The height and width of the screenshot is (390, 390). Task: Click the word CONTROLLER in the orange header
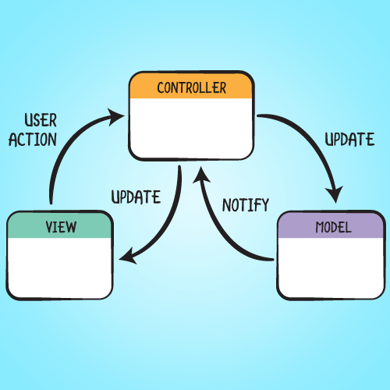(x=192, y=87)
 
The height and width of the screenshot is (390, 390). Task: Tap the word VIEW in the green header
(x=61, y=227)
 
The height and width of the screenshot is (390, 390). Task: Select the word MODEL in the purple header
(x=333, y=227)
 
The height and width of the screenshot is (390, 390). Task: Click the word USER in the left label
(x=41, y=120)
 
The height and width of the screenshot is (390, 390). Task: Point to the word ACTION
(x=33, y=140)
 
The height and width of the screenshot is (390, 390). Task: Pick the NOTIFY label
(x=246, y=205)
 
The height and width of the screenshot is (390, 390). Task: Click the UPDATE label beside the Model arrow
(x=349, y=139)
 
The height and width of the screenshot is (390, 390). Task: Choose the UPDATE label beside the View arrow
(x=136, y=197)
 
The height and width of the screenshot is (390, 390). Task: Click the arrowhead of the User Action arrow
(x=115, y=117)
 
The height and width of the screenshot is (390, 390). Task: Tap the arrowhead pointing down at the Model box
(x=335, y=193)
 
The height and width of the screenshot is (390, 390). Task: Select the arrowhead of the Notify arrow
(x=201, y=175)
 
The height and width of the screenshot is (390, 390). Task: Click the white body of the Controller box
(x=191, y=128)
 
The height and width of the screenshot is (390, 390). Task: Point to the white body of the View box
(x=60, y=268)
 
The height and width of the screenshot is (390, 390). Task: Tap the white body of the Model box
(x=331, y=268)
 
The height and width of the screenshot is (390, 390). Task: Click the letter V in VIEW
(x=49, y=227)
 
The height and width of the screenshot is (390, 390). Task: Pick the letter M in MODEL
(x=320, y=227)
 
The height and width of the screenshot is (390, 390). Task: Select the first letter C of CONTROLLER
(x=161, y=87)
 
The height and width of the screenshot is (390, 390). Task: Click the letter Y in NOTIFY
(x=264, y=205)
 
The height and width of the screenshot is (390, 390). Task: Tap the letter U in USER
(x=29, y=120)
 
